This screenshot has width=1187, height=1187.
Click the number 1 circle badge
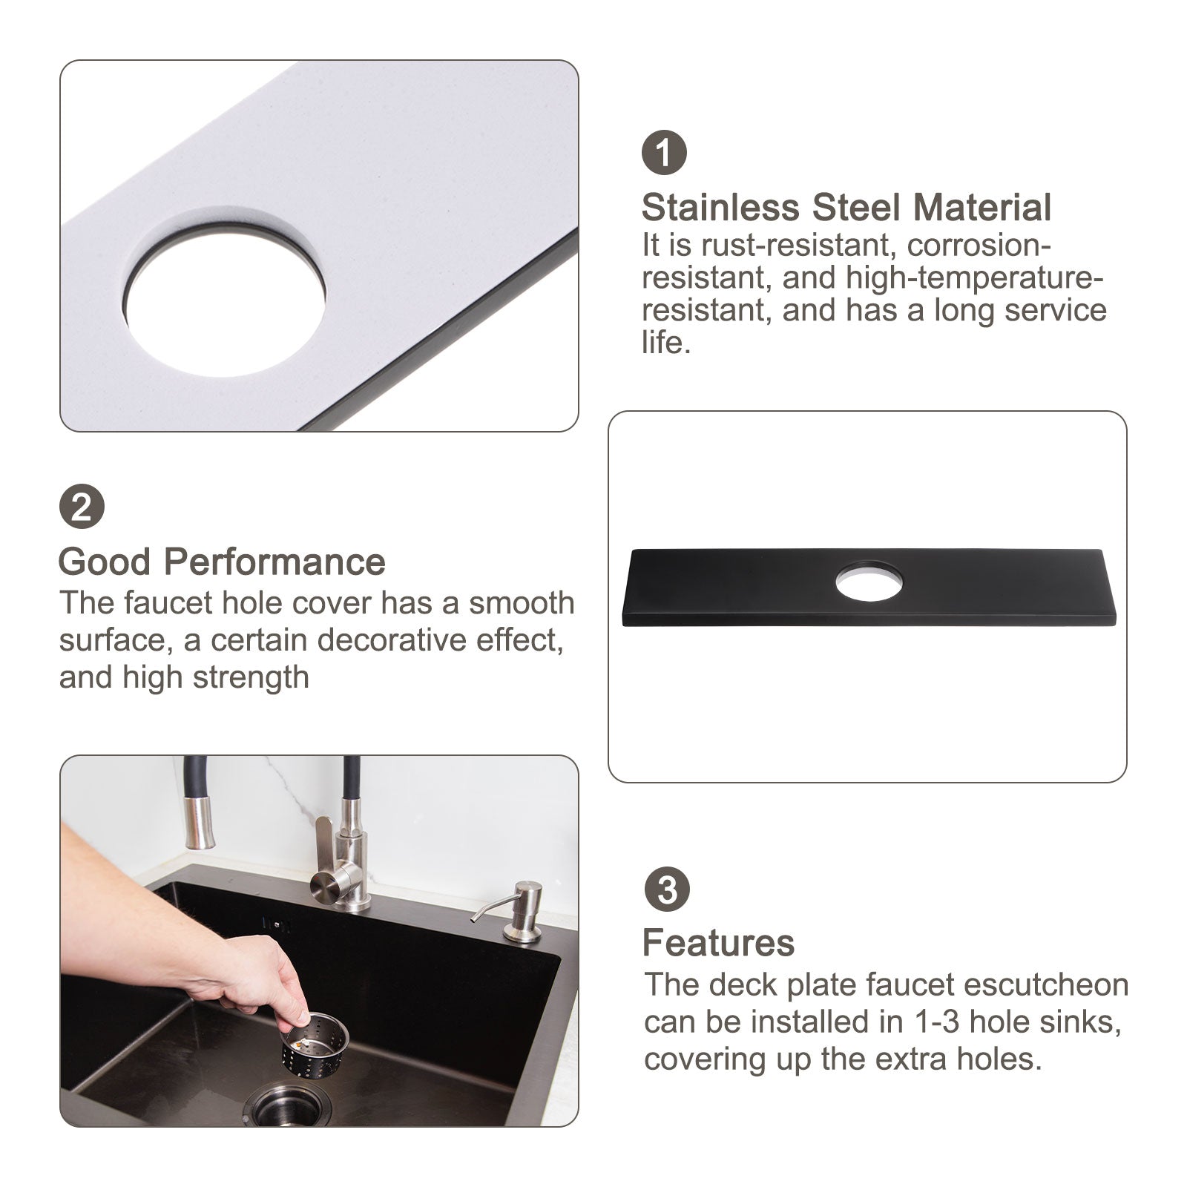pos(664,152)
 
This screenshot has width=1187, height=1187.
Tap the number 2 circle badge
pos(82,507)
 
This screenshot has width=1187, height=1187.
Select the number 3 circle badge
pos(667,889)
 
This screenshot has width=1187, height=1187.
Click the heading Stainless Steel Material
pos(846,208)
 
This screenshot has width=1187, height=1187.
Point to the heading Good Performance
pos(222,562)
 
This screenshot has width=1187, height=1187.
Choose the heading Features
pos(718,943)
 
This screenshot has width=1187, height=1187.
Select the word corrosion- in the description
pos(979,244)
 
